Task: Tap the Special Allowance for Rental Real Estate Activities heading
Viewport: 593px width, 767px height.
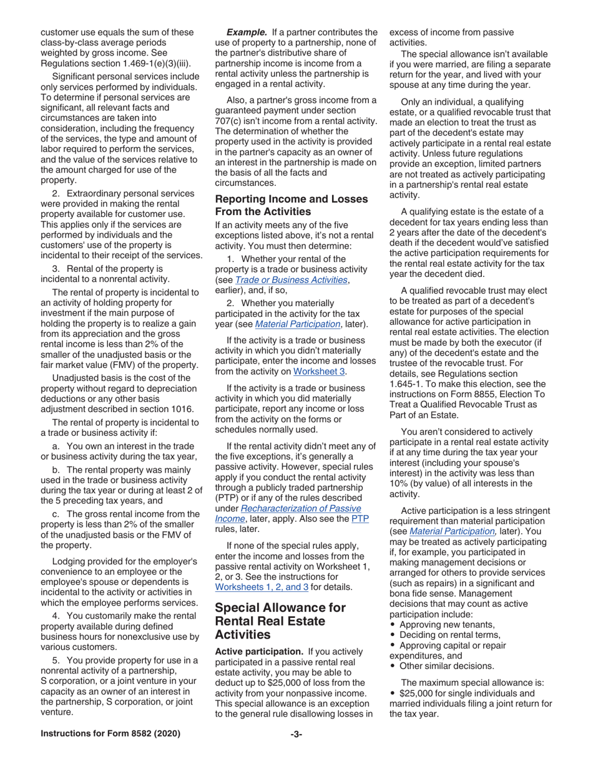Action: [x=280, y=620]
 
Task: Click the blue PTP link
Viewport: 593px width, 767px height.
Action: [x=360, y=518]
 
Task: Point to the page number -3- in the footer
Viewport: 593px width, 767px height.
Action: [x=296, y=734]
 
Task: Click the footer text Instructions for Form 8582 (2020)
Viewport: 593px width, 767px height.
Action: [x=110, y=734]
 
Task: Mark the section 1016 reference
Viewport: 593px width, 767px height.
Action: [x=182, y=409]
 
